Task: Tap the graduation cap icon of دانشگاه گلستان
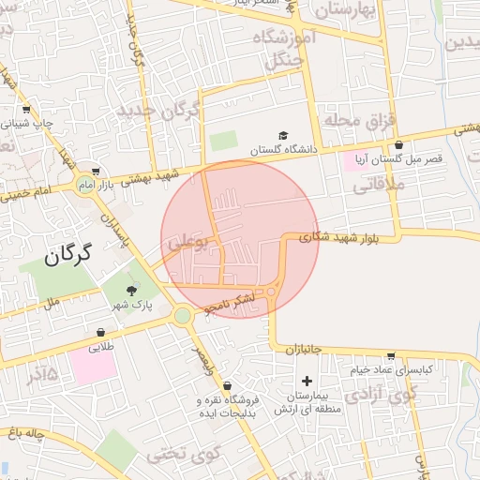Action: coord(284,137)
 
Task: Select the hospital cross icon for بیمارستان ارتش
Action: coord(307,382)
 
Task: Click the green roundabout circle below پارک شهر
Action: coord(182,316)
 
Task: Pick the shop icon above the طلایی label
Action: coord(100,333)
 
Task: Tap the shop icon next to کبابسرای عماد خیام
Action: coord(390,355)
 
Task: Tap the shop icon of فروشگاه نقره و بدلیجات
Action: coord(227,384)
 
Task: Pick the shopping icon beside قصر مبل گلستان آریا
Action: coord(399,145)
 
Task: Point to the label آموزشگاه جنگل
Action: coord(291,50)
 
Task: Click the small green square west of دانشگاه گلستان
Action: coord(223,142)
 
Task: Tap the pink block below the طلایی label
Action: coord(92,366)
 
